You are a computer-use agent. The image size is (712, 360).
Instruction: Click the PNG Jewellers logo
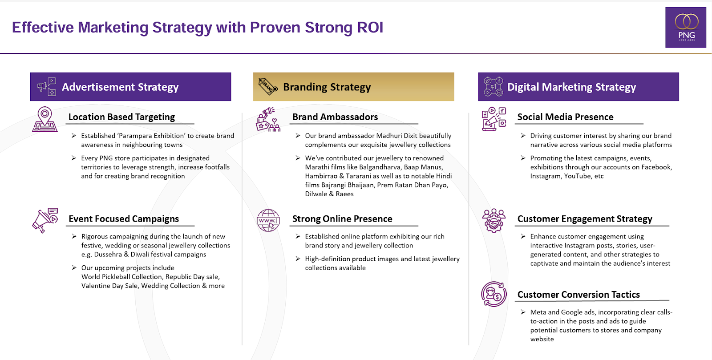[686, 27]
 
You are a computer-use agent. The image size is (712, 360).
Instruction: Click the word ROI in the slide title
[370, 27]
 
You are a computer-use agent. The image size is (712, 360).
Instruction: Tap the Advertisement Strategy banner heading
[120, 87]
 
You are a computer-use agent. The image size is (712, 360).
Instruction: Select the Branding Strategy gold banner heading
[327, 87]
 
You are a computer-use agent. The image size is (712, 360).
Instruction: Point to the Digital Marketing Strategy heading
[571, 87]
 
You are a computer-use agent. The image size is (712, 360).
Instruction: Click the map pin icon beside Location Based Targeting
[45, 119]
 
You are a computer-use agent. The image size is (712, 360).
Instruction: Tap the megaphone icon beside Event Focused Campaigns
[45, 220]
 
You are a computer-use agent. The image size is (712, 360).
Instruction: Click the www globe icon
[268, 220]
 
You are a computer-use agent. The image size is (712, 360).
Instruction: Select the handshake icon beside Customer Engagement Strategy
[494, 221]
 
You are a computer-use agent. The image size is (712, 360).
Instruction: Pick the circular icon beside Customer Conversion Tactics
[494, 294]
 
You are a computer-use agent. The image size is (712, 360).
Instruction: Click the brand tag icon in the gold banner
[268, 86]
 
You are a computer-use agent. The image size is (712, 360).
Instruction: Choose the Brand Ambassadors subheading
[335, 117]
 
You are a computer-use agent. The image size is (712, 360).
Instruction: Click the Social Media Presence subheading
[565, 117]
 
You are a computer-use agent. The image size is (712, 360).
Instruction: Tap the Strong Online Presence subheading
[342, 218]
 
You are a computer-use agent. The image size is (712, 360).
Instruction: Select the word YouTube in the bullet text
[577, 176]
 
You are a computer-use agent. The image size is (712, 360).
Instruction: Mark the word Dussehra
[108, 254]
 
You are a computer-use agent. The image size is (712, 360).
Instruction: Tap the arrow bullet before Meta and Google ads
[523, 312]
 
